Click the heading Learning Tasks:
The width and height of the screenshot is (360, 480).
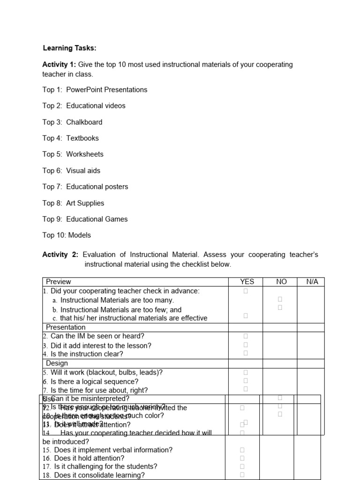point(69,48)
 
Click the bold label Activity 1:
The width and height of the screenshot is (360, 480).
point(59,64)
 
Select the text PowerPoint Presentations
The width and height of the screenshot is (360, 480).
point(106,90)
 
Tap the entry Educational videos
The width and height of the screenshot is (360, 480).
point(96,106)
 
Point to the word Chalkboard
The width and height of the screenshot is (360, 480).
point(84,122)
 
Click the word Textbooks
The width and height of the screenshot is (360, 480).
point(82,138)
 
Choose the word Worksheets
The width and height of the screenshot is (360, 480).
point(84,154)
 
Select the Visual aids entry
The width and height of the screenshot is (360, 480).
point(83,171)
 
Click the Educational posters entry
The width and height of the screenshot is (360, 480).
point(97,187)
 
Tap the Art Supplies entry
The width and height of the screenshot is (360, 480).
point(85,203)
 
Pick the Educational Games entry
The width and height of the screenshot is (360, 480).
point(97,219)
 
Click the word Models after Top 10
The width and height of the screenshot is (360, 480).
point(80,235)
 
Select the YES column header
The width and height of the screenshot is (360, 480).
point(247,282)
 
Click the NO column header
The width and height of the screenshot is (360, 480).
point(281,282)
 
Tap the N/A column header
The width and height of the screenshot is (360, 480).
point(312,282)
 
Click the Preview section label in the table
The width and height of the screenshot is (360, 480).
point(59,282)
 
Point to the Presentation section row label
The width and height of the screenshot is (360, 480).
point(66,327)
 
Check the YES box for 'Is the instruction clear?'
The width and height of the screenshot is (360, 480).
point(246,353)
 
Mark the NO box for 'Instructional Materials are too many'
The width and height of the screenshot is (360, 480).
point(280,299)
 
